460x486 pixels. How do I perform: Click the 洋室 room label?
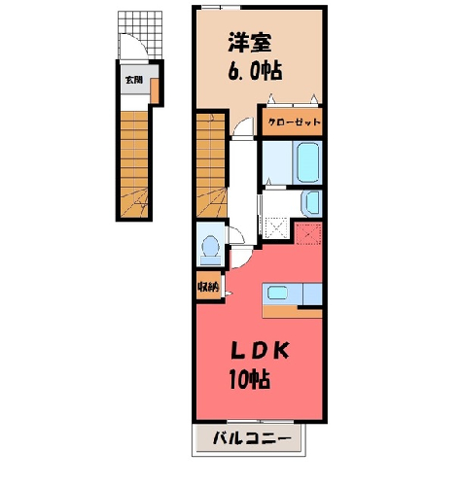coord(250,42)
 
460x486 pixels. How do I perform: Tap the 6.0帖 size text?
coord(255,71)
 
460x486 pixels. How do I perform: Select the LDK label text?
coord(260,351)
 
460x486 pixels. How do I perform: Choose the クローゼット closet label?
coord(295,122)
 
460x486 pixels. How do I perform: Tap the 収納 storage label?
coord(208,287)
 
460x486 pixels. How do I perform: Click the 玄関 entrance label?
coord(134,80)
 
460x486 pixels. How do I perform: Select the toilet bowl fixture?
coord(210,250)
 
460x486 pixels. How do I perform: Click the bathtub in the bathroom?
coord(307,162)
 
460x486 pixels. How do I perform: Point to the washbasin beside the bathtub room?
coord(311,203)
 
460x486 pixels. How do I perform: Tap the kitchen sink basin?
coord(277,294)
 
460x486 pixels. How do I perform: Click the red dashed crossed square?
coord(308,233)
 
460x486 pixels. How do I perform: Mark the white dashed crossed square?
coord(276,228)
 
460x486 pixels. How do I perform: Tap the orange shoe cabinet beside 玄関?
coord(155,90)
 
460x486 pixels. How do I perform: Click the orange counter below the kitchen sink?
coord(292,311)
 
